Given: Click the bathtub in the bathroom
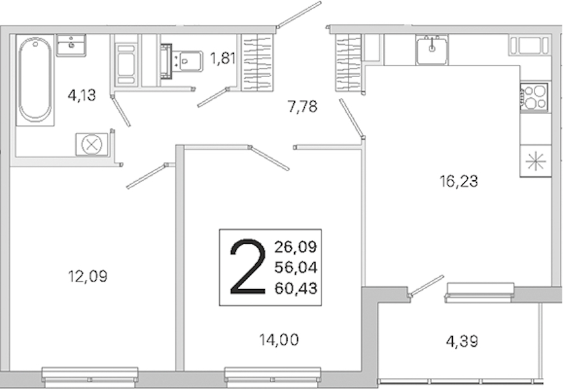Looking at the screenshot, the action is tap(35, 80).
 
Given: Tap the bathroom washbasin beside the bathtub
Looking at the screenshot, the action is tap(71, 45).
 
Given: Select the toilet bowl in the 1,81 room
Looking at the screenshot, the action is tap(187, 62).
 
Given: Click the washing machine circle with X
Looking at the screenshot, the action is tap(92, 145).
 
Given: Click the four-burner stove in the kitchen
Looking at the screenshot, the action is tap(534, 97).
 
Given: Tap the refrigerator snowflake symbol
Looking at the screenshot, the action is tap(535, 161).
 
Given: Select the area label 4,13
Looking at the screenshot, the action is tap(82, 95).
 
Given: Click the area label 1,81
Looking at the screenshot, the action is tap(223, 58).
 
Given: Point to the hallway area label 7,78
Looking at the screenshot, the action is tap(303, 107).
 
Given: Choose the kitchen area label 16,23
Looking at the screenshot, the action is tap(459, 182).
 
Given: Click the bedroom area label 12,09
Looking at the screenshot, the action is tap(88, 276).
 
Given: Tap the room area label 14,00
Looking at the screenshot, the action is tap(279, 340).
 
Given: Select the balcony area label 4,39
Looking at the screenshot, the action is tap(462, 341).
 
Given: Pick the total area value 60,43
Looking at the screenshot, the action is tap(296, 288).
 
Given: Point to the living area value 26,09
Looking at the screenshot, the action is tap(296, 247).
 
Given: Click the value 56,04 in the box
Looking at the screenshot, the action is tap(296, 267).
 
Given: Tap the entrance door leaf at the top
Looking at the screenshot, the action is tap(299, 15).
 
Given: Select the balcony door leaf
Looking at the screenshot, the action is tap(426, 286).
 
